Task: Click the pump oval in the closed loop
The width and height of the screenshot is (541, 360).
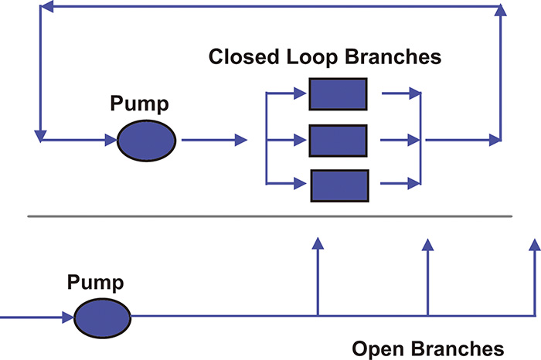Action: point(147,141)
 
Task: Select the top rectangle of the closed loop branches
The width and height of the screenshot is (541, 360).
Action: point(338,93)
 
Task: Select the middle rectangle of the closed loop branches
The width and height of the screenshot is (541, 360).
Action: point(338,140)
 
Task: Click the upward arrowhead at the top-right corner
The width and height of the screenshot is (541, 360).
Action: point(501,10)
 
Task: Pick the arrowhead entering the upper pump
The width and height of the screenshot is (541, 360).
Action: point(110,141)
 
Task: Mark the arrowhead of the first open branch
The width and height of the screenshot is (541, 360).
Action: point(318,244)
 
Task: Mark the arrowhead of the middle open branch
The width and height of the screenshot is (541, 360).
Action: point(427,244)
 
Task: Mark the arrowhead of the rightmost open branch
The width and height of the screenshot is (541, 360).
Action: point(534,244)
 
